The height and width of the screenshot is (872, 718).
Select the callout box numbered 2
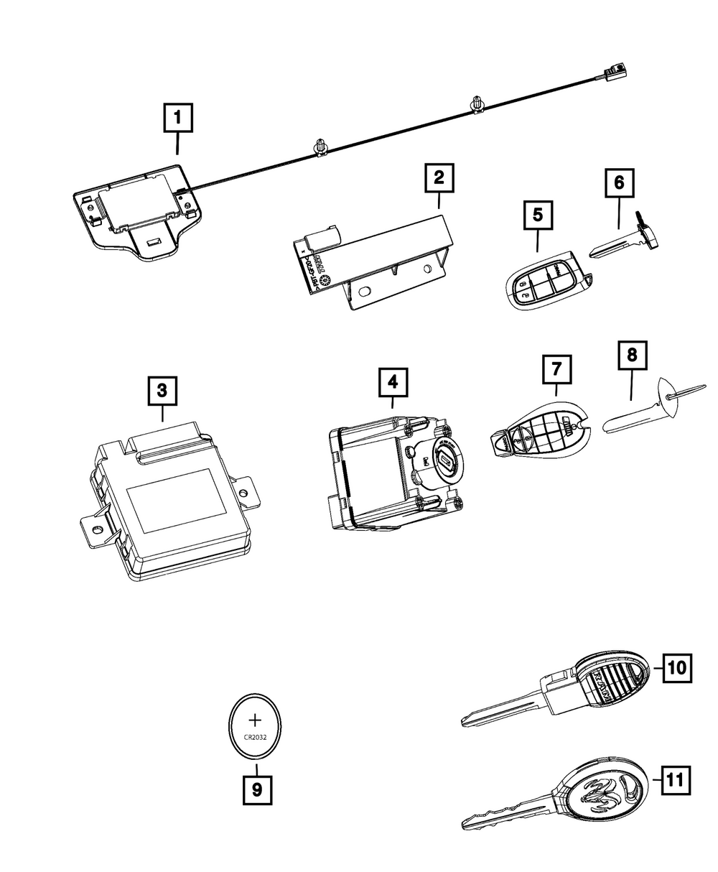pos(439,177)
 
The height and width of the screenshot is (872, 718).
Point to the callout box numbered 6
pos(619,182)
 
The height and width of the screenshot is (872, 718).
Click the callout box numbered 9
pos(256,791)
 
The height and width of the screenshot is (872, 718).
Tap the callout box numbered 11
pos(675,779)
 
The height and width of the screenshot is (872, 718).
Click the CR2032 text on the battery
pos(256,736)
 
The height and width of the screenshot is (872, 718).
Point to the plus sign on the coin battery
pos(256,720)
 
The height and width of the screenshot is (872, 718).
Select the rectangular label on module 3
pos(169,500)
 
